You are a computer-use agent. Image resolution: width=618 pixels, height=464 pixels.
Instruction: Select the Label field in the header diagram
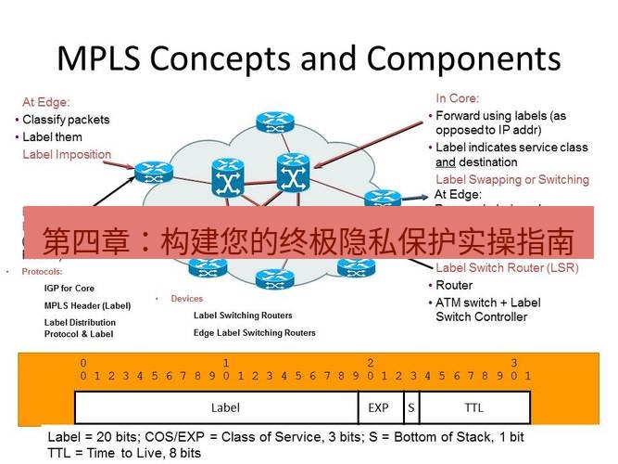click(x=225, y=407)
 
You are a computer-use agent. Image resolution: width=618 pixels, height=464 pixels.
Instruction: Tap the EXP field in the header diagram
click(x=378, y=407)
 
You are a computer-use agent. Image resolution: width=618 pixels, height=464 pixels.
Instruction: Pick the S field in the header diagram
click(x=410, y=407)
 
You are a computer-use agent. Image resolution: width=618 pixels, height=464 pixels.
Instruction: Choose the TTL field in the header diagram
click(x=473, y=407)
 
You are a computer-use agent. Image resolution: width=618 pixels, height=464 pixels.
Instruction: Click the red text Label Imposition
click(x=67, y=155)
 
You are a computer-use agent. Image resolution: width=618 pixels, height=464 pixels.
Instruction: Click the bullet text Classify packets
click(x=66, y=120)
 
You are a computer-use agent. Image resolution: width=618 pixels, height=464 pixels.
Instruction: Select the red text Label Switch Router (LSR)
click(x=507, y=268)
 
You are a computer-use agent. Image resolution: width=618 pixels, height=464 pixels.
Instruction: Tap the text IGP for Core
click(x=69, y=289)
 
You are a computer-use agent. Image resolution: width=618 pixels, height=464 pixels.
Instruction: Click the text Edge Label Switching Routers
click(x=254, y=332)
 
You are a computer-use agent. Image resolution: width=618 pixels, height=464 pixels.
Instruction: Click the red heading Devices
click(x=186, y=299)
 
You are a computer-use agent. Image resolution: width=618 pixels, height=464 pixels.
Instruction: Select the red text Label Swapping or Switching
click(x=511, y=179)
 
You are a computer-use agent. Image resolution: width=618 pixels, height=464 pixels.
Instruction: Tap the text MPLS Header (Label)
click(x=87, y=305)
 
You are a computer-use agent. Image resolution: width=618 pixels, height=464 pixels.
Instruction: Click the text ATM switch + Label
click(x=488, y=303)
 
